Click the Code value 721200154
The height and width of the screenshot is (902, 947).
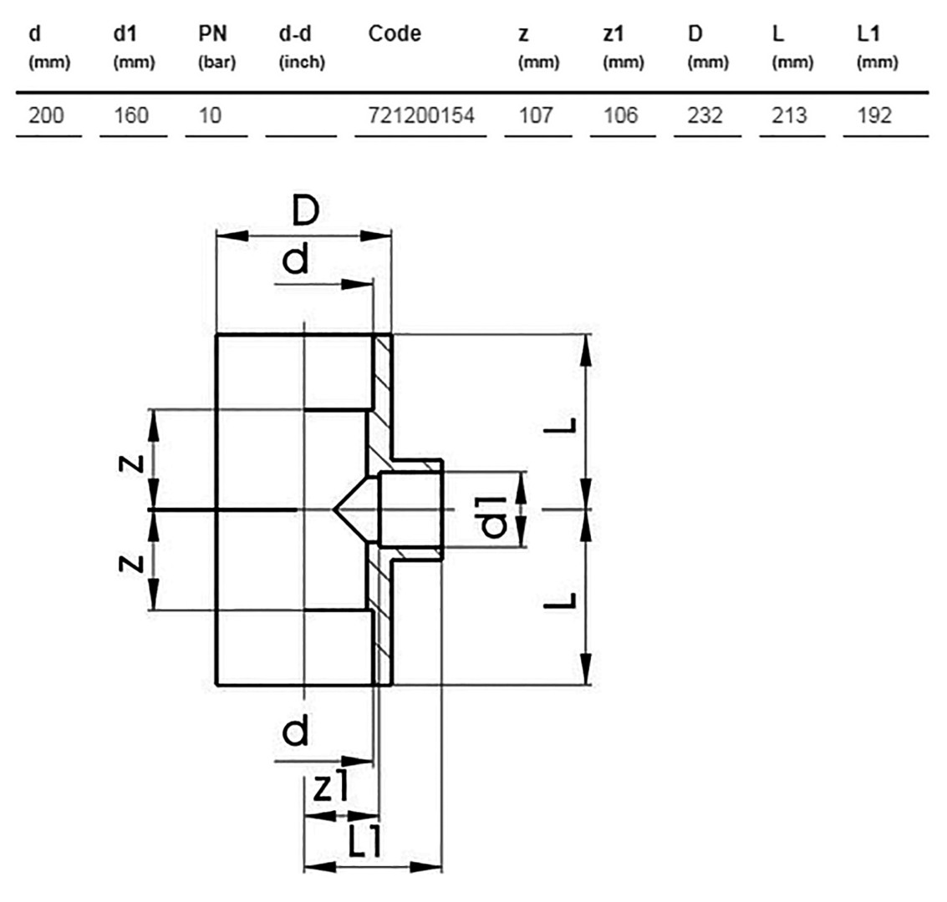coord(421,114)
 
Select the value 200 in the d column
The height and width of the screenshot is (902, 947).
coord(46,114)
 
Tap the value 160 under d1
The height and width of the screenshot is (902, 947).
coord(131,114)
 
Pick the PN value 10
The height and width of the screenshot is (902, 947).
coord(210,114)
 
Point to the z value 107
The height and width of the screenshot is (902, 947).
coord(536,114)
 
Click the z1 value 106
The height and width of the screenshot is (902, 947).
coord(620,114)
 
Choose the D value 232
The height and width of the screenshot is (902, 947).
coord(705,114)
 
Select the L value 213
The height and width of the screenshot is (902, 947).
coord(789,114)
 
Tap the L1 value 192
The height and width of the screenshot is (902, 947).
coord(874,114)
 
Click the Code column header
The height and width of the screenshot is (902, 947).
coord(395,33)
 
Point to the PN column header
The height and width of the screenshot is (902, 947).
coord(212,33)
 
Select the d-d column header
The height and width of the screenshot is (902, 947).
coord(295,33)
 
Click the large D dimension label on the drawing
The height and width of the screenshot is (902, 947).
coord(306,210)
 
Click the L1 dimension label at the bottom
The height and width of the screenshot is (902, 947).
coord(364,841)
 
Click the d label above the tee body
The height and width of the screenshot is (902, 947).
coord(295,259)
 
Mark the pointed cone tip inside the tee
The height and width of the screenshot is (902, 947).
coord(333,510)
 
